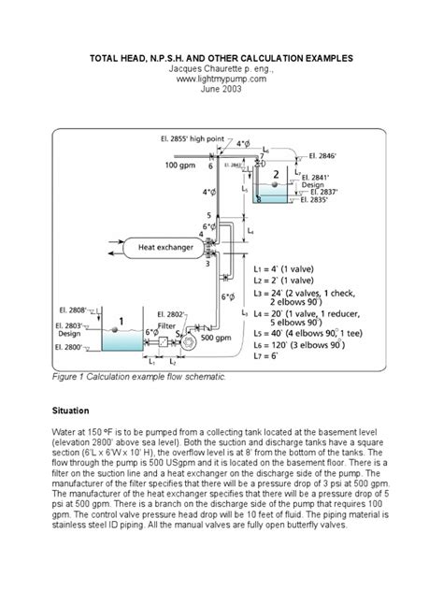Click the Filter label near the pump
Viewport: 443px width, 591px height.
[x=169, y=325]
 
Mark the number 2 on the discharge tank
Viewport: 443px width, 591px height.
[x=275, y=173]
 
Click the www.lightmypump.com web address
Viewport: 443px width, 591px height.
[x=221, y=80]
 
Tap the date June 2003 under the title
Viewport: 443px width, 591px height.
[x=221, y=92]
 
